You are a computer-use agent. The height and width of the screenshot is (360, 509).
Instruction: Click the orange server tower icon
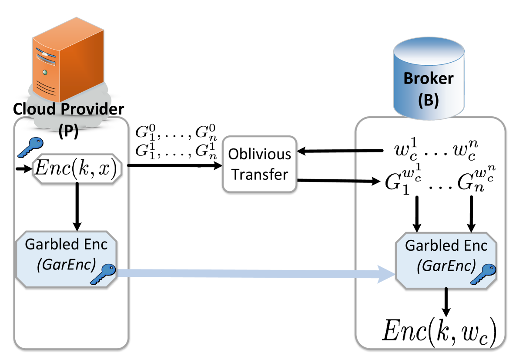pyautogui.click(x=70, y=61)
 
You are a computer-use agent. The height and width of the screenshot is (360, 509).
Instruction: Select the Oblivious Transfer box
pyautogui.click(x=260, y=164)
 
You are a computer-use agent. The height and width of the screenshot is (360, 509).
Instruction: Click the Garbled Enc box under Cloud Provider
pyautogui.click(x=67, y=259)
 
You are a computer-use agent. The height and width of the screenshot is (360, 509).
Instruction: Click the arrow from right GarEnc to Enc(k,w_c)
pyautogui.click(x=446, y=303)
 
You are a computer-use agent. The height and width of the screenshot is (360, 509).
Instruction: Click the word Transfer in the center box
pyautogui.click(x=260, y=175)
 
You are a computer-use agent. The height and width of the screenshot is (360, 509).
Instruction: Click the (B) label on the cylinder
pyautogui.click(x=429, y=100)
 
